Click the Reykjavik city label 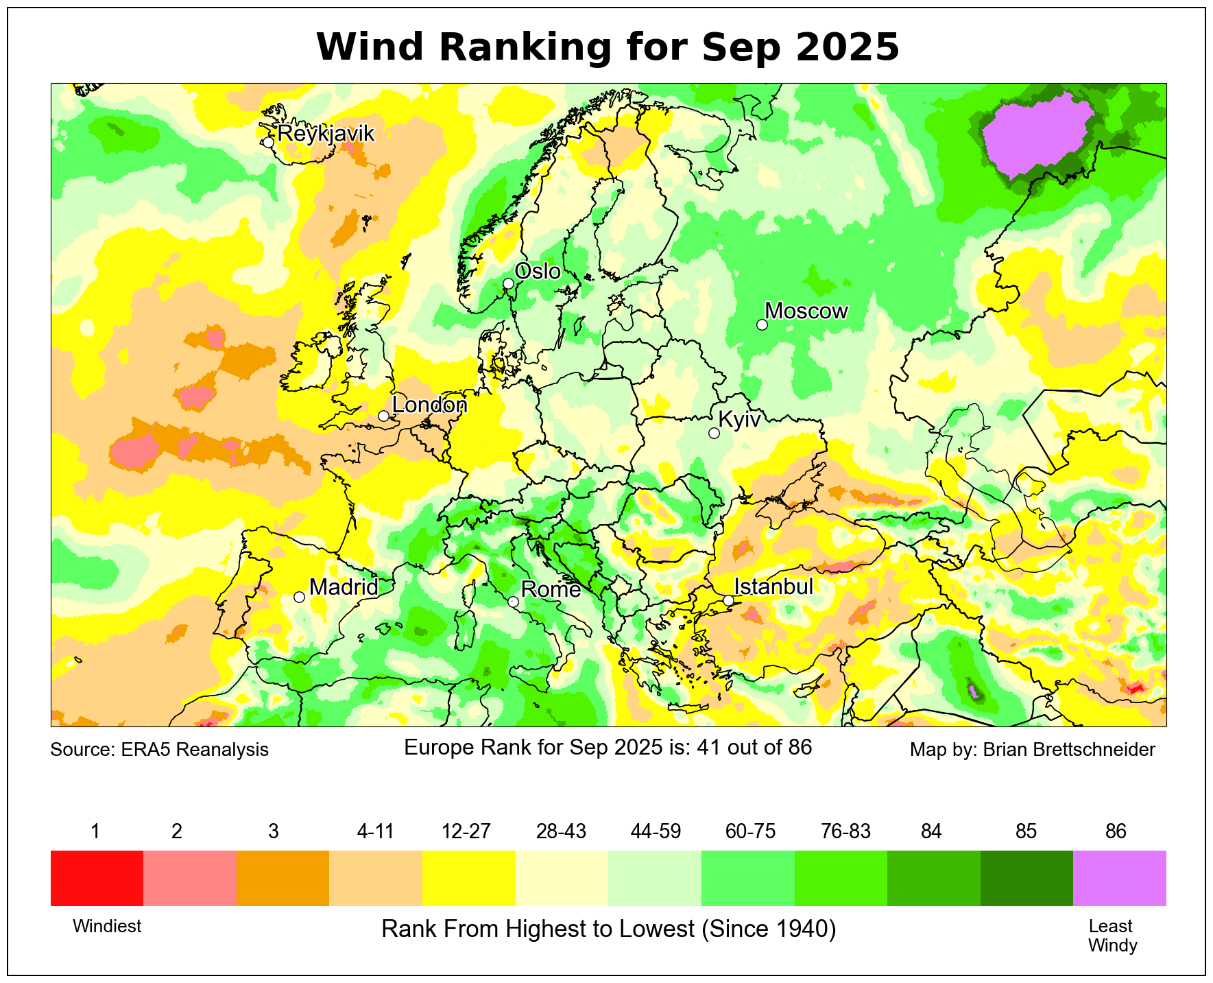326,133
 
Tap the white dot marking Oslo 508,283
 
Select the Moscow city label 806,311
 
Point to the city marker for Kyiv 714,433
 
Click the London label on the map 429,405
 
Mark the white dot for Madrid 299,597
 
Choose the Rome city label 551,589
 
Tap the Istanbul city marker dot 728,600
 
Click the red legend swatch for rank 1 97,878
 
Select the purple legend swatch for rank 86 1119,878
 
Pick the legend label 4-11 375,831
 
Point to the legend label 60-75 750,831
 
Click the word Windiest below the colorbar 107,926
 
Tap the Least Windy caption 1112,936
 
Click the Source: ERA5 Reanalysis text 159,749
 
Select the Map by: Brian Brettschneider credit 1032,749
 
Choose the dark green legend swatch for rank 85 1026,878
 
